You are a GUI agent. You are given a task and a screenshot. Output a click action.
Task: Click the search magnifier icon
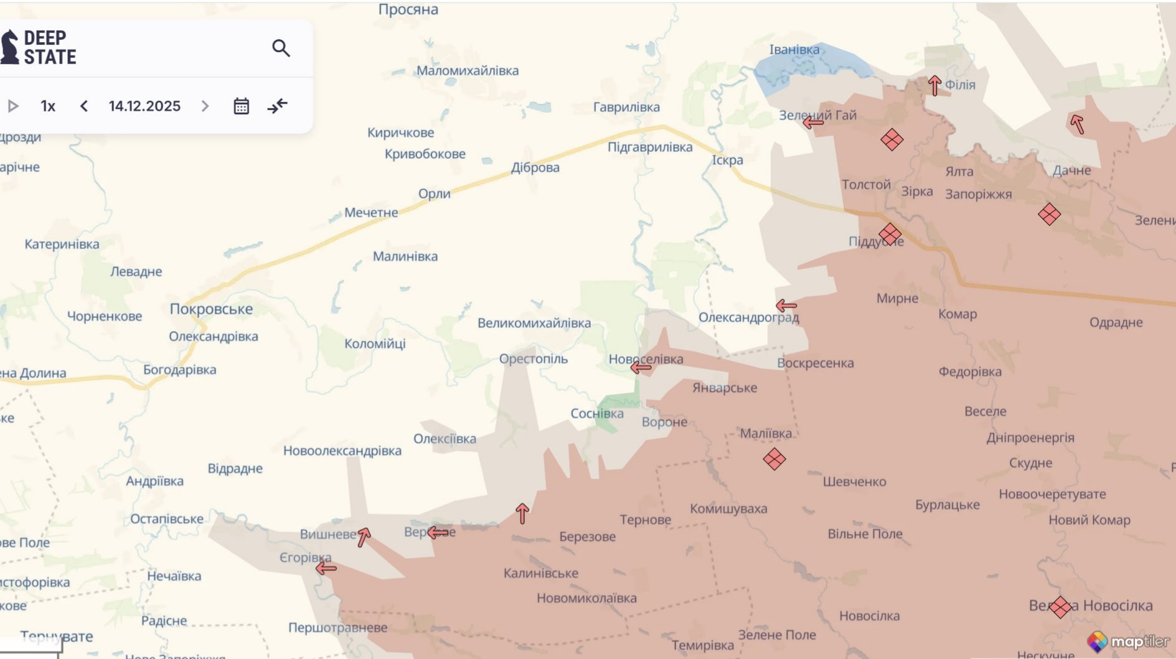[x=281, y=49]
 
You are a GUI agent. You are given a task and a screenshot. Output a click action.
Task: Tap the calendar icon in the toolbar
[x=241, y=106]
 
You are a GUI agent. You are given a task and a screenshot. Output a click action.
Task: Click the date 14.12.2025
[x=144, y=106]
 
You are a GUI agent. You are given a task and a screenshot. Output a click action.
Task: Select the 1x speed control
[x=48, y=106]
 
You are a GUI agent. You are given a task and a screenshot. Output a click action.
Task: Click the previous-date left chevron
[x=84, y=106]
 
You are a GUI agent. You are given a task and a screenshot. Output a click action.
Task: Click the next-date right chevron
[x=205, y=106]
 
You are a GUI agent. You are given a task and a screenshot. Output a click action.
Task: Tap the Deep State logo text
[x=49, y=48]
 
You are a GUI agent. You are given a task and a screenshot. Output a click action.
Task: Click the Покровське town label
[x=211, y=309]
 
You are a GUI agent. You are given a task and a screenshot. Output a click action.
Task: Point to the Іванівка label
[x=794, y=50]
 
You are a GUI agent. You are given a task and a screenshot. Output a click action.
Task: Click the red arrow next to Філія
[x=934, y=85]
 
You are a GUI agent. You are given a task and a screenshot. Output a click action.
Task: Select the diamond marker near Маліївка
[x=774, y=459]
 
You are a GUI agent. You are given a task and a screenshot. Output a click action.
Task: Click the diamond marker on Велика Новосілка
[x=1060, y=607]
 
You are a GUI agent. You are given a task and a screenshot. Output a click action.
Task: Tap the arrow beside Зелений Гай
[x=813, y=123]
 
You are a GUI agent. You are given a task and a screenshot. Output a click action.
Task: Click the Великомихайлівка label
[x=534, y=323]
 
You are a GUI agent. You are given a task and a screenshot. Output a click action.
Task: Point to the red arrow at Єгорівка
[x=326, y=568]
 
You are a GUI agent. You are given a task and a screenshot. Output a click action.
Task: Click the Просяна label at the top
[x=408, y=9]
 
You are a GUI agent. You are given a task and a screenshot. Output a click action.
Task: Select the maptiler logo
[x=1128, y=642]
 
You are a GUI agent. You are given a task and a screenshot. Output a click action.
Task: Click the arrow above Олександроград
[x=786, y=306]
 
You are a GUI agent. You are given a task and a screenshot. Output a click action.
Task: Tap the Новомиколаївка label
[x=586, y=598]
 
